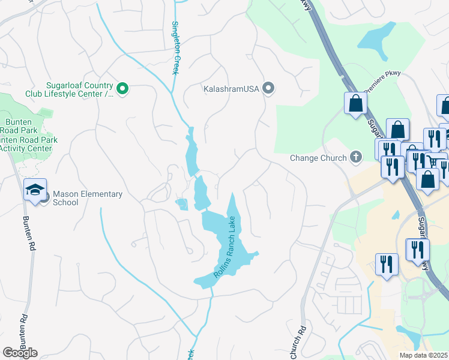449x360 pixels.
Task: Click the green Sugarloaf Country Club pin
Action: [x=122, y=89]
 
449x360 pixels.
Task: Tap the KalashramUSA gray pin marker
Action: [x=268, y=89]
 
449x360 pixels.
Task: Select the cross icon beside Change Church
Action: [x=356, y=158]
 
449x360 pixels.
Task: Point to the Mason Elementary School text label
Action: [x=88, y=198]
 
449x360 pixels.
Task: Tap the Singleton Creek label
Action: [x=176, y=48]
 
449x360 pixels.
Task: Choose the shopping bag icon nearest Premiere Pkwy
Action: [x=355, y=103]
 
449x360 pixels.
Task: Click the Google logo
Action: [x=20, y=352]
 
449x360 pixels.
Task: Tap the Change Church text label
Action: [x=318, y=158]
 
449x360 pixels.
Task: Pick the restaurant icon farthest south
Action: [x=387, y=263]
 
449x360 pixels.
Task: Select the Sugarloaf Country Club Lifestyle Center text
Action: [x=70, y=89]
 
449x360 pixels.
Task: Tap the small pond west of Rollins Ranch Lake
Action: [x=182, y=204]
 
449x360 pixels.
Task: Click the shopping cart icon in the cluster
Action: [x=433, y=161]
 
